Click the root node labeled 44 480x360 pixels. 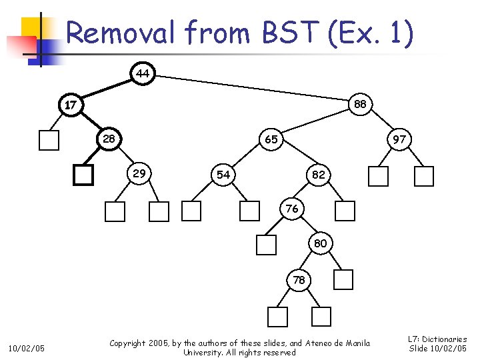click(x=143, y=73)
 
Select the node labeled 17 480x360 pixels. click(x=70, y=105)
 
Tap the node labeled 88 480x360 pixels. click(x=360, y=105)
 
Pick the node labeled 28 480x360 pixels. click(x=109, y=139)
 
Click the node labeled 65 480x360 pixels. click(x=271, y=140)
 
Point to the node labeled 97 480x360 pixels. click(x=399, y=140)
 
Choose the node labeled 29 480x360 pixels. click(x=140, y=173)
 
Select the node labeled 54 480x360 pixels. click(x=223, y=174)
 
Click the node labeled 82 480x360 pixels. click(x=319, y=174)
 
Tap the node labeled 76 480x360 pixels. click(x=292, y=209)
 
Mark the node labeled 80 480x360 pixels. click(x=320, y=243)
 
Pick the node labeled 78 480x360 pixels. click(x=299, y=280)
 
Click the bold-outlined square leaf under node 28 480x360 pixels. click(x=83, y=175)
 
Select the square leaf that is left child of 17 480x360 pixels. click(x=49, y=140)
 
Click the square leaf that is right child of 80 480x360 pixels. click(x=343, y=280)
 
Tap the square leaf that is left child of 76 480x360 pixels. click(x=266, y=245)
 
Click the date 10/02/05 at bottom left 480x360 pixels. click(x=26, y=348)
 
